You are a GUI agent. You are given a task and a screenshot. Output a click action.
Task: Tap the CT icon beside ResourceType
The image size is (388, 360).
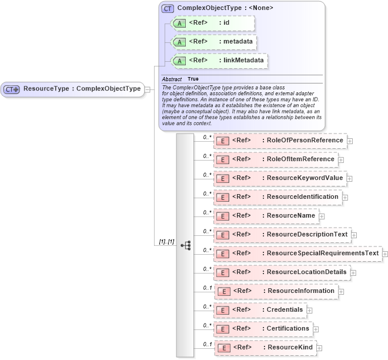point(12,89)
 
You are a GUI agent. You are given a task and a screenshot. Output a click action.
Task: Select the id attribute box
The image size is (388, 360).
point(212,23)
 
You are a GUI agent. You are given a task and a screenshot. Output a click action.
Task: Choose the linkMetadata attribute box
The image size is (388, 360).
point(219,61)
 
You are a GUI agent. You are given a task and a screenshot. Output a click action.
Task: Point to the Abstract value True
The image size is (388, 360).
point(193,79)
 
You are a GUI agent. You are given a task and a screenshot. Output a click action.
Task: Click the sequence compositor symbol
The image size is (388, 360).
point(185,245)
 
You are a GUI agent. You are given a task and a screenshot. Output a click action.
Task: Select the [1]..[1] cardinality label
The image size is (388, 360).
point(166,242)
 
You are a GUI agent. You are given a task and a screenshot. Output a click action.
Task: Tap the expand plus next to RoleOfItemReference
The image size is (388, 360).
point(341,160)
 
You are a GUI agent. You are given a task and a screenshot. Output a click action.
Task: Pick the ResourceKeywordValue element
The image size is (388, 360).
point(280,178)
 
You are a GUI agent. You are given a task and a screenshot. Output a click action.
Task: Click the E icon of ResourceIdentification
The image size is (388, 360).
point(223,197)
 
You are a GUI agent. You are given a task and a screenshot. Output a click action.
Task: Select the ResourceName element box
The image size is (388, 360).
point(266,216)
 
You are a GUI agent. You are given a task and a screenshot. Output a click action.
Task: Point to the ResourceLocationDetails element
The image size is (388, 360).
point(282,272)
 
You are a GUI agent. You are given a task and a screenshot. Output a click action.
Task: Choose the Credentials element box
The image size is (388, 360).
point(259,309)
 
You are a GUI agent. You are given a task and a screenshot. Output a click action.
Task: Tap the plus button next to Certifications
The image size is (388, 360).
point(316,329)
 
